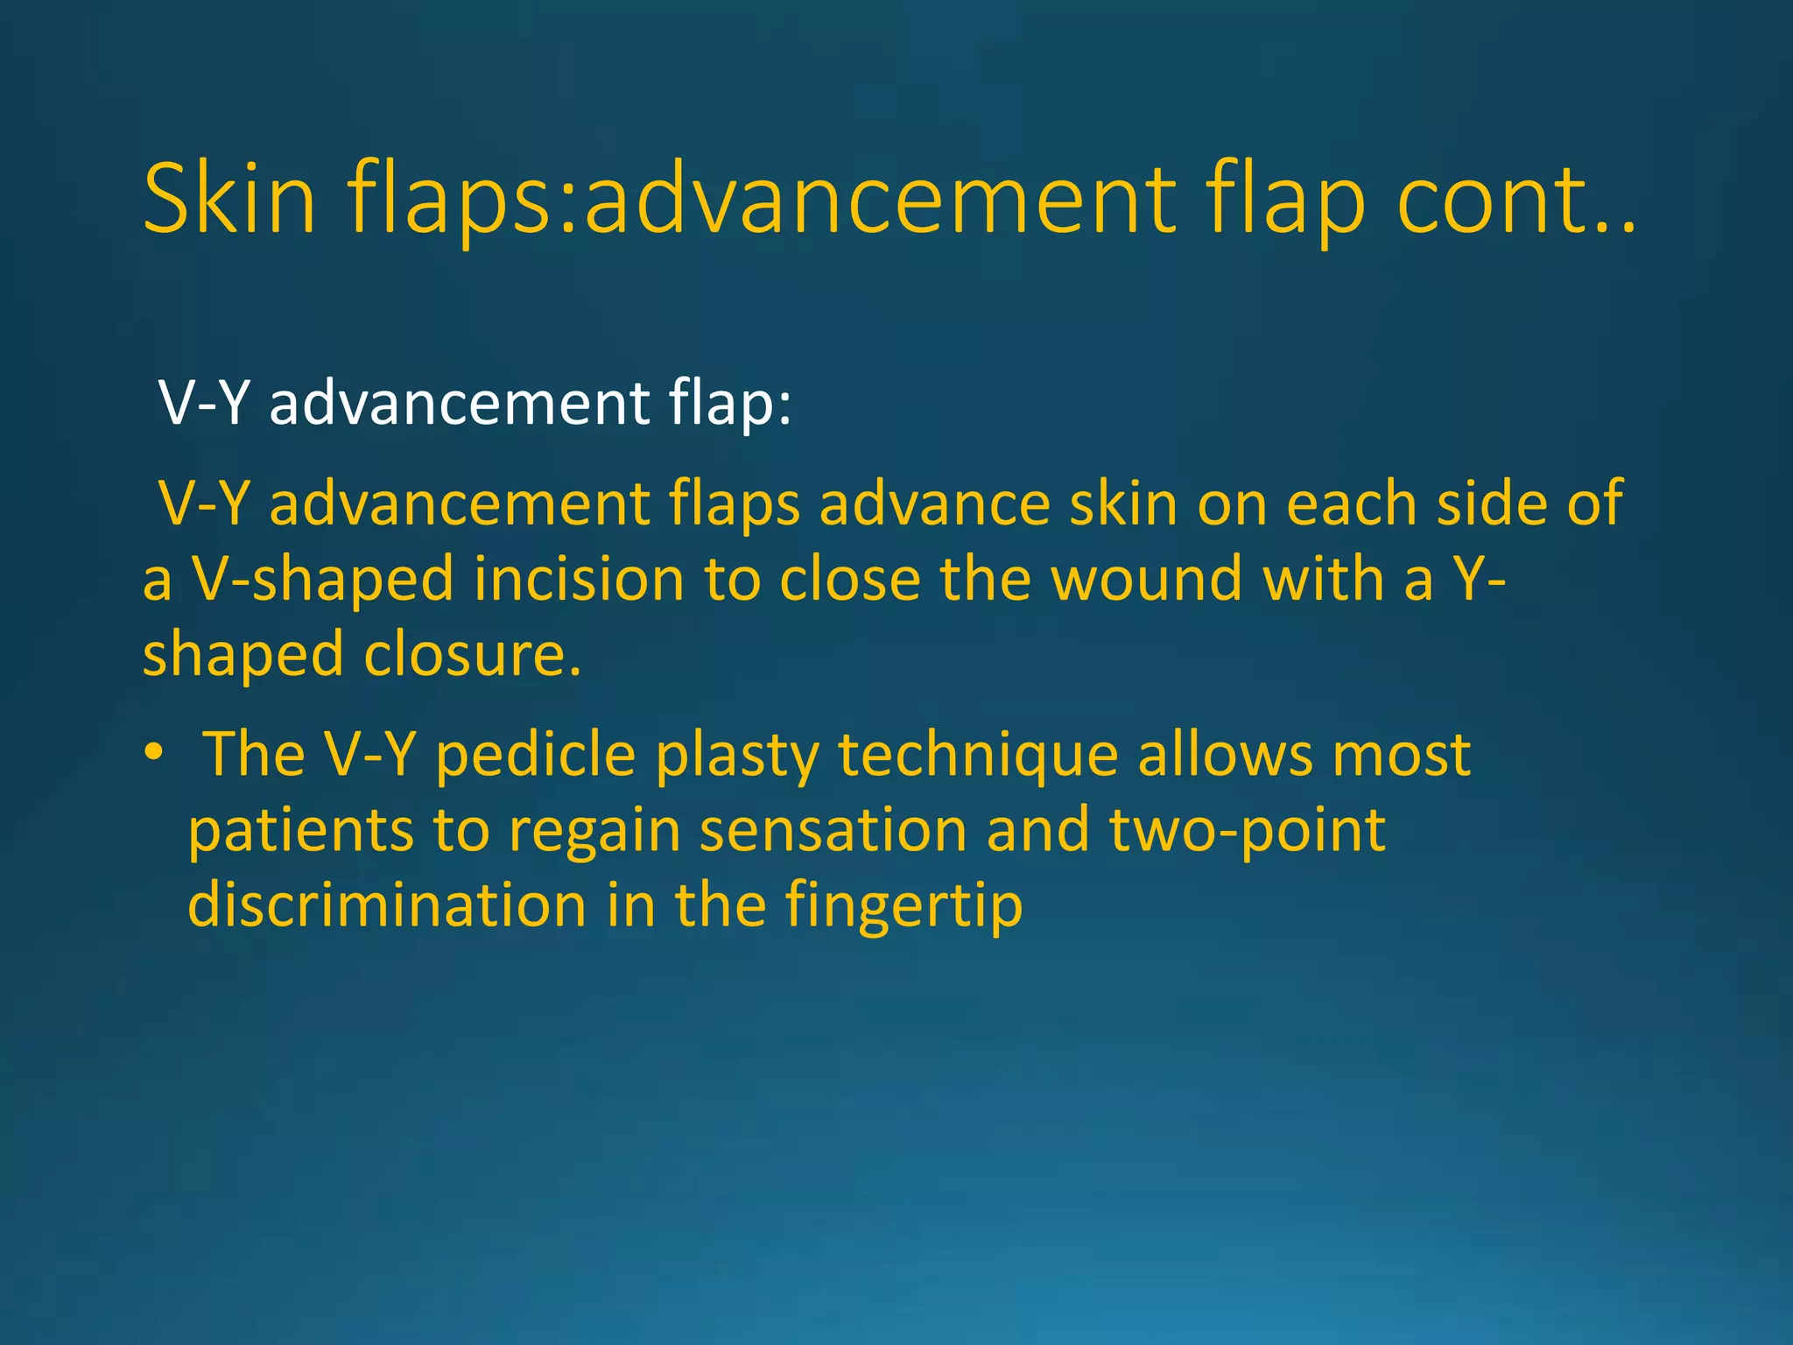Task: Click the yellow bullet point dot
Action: coord(155,752)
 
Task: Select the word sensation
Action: coord(833,830)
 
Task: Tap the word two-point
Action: coord(1248,830)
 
